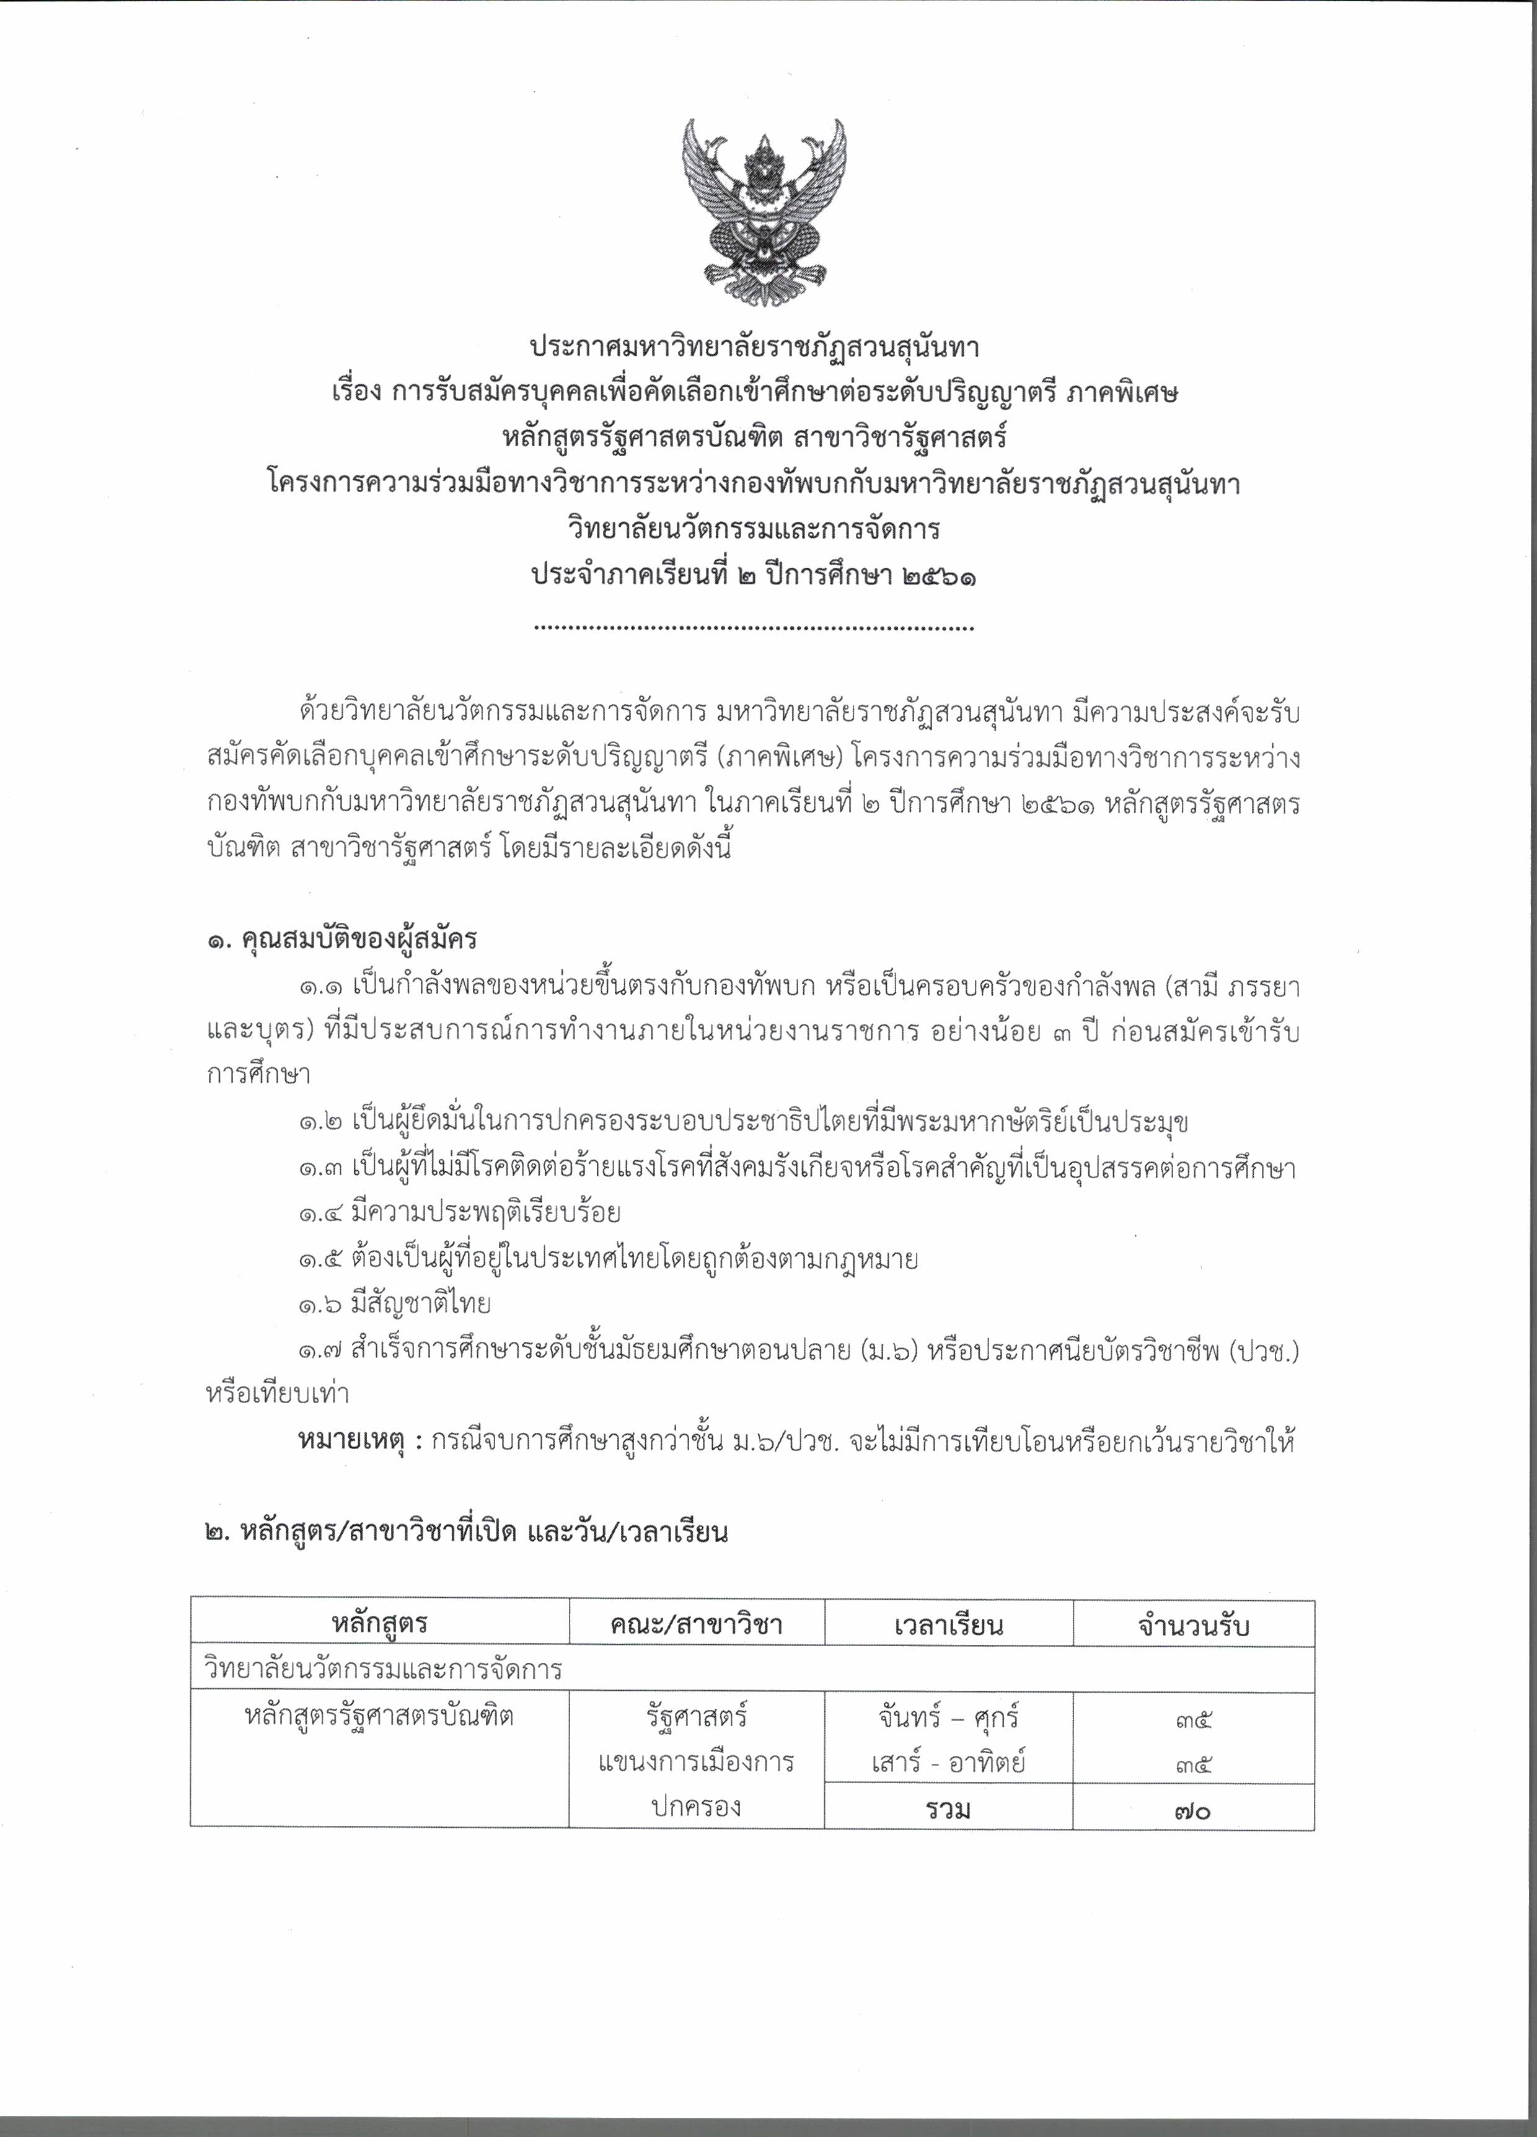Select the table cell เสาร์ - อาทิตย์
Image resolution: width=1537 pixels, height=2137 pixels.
(948, 1761)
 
